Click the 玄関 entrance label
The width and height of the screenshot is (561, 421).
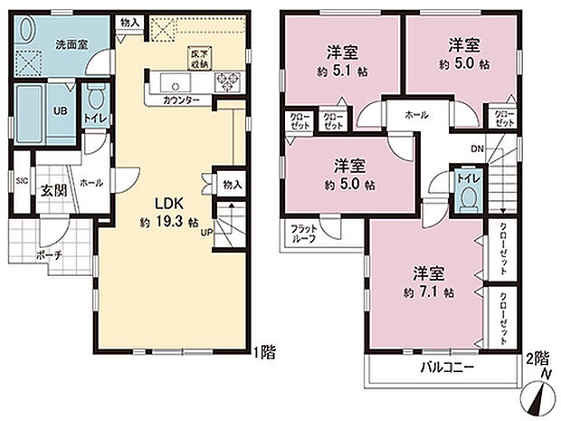(x=51, y=190)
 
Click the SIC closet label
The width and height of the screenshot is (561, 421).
(x=21, y=179)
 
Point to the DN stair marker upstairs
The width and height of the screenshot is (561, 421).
(x=477, y=148)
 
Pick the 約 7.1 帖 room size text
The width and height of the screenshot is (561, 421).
(x=431, y=292)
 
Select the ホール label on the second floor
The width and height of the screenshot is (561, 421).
(x=417, y=115)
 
